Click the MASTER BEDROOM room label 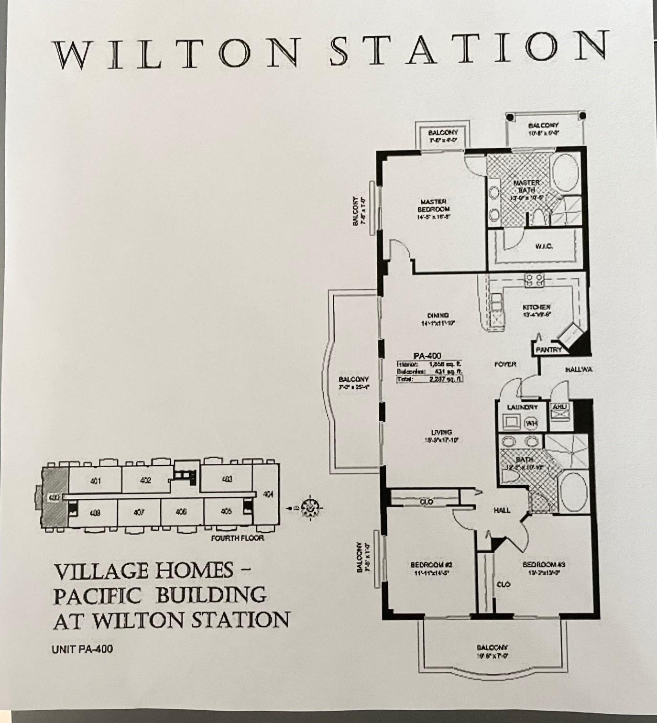tap(434, 206)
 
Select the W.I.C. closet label tap(544, 246)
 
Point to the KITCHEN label tap(537, 307)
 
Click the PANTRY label tap(548, 350)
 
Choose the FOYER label tap(505, 364)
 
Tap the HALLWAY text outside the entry tap(579, 370)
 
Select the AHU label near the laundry tap(559, 407)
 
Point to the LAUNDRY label tap(522, 407)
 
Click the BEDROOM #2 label tap(431, 565)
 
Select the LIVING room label tap(441, 432)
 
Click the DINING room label tap(438, 316)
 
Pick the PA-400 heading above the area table tap(427, 356)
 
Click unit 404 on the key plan tap(268, 495)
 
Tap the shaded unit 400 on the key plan tap(54, 498)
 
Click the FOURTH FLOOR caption tap(237, 538)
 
